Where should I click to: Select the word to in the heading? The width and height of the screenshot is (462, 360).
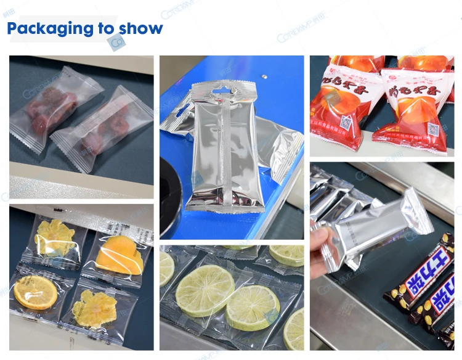click(x=107, y=28)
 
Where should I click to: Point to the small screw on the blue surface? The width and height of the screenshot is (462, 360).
click(x=264, y=78)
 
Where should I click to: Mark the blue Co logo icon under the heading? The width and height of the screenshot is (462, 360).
click(x=116, y=42)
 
